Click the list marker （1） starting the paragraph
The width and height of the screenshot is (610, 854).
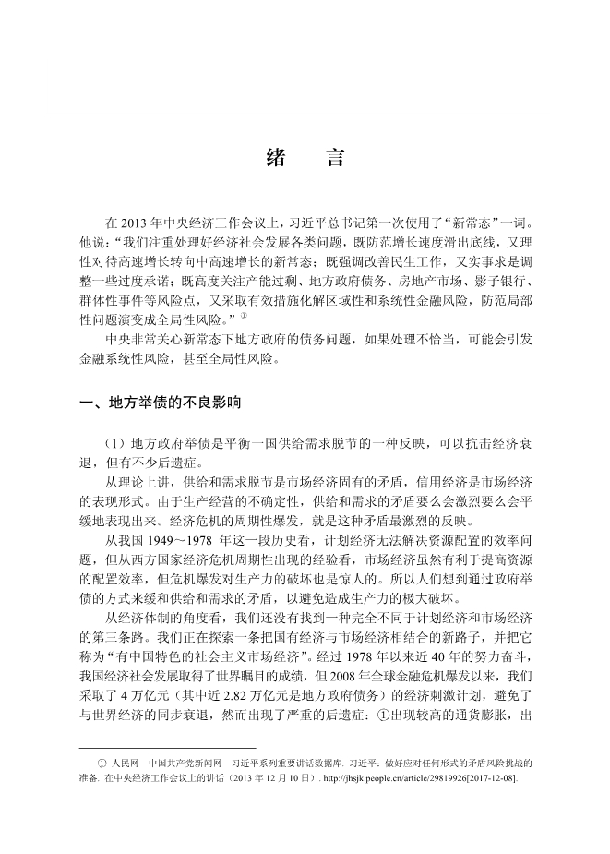[x=120, y=445]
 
